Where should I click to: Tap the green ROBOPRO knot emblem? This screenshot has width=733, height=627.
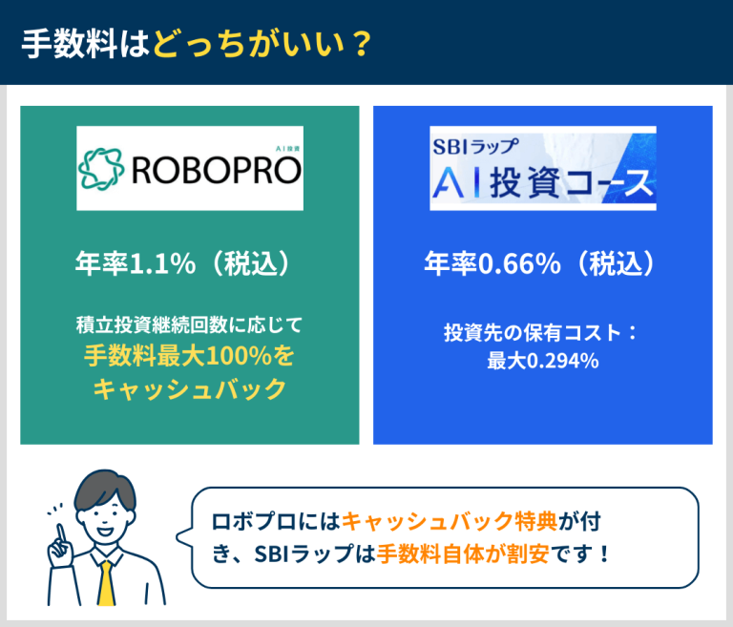[x=101, y=168]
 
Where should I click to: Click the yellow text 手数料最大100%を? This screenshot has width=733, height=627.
[x=190, y=356]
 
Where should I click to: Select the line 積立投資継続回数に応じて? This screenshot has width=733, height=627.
[x=190, y=324]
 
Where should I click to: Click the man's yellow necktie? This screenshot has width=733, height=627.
[x=106, y=584]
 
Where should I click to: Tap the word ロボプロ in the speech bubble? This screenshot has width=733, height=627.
[x=245, y=522]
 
